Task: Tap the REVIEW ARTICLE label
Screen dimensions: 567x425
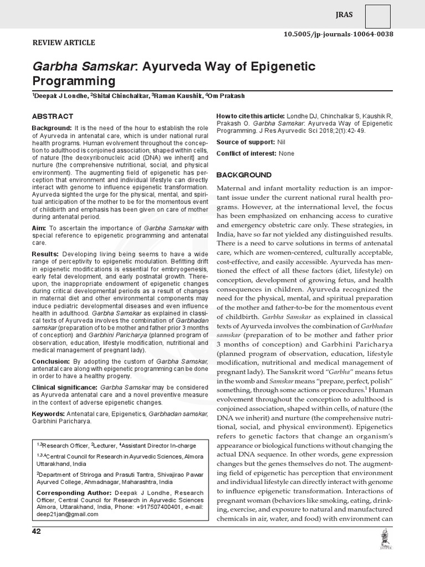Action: (64, 43)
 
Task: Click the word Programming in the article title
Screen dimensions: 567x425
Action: (74, 81)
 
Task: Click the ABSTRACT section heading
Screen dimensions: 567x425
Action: (52, 116)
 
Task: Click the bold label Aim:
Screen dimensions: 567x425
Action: (39, 228)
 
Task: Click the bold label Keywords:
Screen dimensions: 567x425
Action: (48, 413)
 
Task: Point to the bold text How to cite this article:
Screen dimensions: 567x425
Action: (249, 115)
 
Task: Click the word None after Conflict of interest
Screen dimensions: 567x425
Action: (287, 153)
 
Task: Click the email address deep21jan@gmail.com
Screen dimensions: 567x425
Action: (67, 514)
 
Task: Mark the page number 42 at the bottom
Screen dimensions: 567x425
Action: (37, 532)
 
